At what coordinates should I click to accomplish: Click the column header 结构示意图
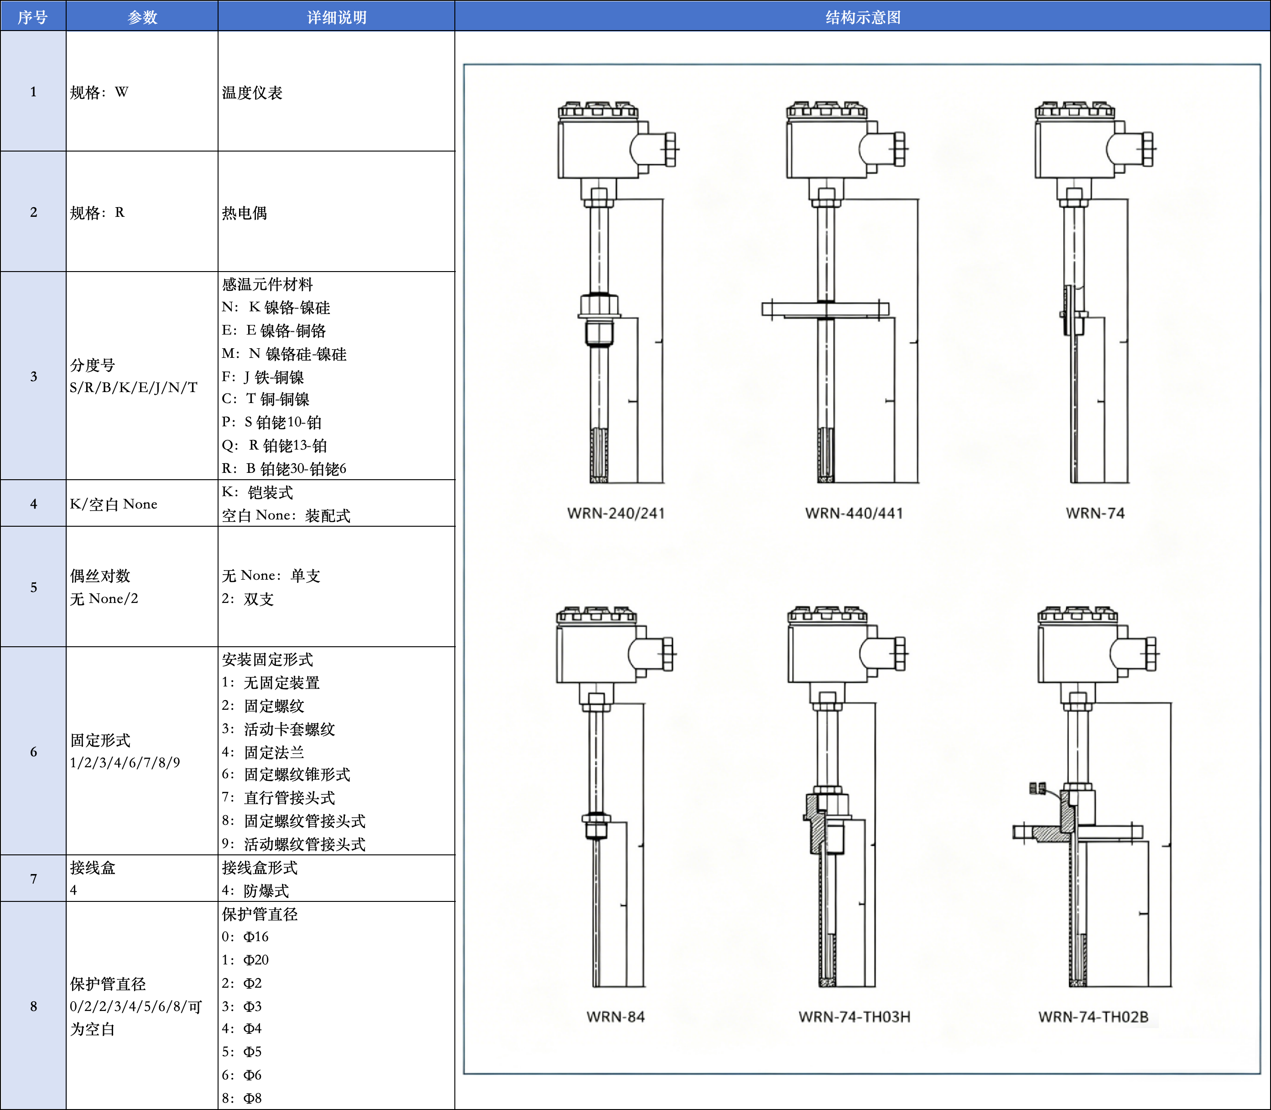click(x=862, y=17)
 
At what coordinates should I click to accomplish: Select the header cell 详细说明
click(x=336, y=17)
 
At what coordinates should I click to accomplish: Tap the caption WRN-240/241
click(x=615, y=513)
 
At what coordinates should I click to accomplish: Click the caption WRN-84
click(x=615, y=1016)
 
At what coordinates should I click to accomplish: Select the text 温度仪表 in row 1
click(x=252, y=93)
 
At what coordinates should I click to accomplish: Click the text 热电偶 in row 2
click(x=245, y=213)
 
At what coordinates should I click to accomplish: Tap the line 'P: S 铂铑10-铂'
click(x=272, y=423)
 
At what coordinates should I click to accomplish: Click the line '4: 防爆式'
click(x=255, y=891)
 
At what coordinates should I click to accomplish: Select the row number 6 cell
click(x=33, y=751)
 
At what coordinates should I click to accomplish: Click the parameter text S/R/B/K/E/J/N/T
click(x=134, y=388)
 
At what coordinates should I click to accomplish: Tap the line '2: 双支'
click(x=248, y=599)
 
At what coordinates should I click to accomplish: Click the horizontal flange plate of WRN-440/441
click(x=825, y=309)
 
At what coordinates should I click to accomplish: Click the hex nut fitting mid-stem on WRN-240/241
click(x=599, y=305)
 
